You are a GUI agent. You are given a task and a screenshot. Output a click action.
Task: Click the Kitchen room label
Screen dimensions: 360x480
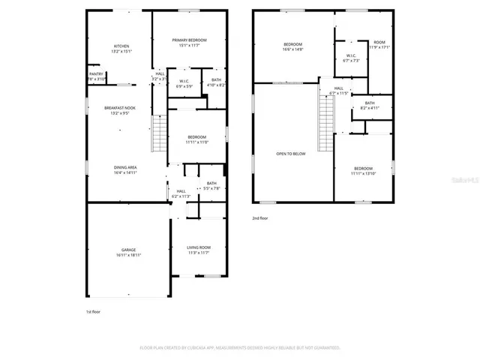[121, 49]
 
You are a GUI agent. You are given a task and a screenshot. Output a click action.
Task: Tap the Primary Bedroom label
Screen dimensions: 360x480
[189, 43]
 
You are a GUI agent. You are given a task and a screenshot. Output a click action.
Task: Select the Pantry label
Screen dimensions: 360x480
[96, 76]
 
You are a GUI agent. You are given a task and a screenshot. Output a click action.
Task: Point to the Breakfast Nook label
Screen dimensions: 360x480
[121, 111]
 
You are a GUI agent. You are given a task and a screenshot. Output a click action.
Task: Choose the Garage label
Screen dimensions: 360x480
[129, 253]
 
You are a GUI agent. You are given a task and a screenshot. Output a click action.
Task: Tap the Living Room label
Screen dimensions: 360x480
[199, 250]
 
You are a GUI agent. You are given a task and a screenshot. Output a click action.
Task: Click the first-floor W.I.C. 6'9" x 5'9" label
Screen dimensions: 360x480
[183, 84]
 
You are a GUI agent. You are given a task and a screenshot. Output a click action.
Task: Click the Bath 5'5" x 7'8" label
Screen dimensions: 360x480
[211, 186]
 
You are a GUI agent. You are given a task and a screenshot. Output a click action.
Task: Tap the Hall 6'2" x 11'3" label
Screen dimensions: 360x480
[181, 193]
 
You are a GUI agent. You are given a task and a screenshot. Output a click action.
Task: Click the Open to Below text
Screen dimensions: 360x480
[291, 154]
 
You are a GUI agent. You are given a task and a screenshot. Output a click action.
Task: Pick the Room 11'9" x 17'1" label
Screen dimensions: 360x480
[379, 45]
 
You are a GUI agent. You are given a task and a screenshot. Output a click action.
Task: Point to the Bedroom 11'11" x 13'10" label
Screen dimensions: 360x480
[363, 171]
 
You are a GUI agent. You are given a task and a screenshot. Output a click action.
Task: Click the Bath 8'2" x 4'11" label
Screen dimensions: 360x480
[370, 106]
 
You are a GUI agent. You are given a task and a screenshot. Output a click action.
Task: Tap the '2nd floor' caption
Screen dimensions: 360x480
[260, 218]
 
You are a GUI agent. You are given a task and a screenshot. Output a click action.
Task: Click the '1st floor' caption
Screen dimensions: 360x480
[94, 311]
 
